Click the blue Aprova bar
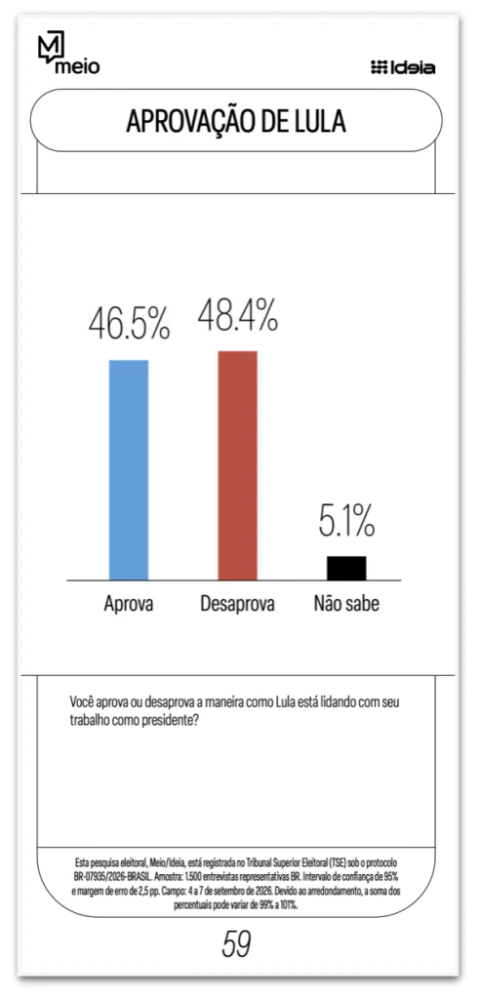[129, 469]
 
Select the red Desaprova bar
[238, 465]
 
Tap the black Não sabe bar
[346, 568]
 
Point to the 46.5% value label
[130, 324]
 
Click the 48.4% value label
[238, 314]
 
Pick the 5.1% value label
[346, 521]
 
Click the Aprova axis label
[129, 604]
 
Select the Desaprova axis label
[238, 604]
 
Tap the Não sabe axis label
[346, 603]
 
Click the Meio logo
[69, 55]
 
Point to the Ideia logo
[403, 67]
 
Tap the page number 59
[236, 943]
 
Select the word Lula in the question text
[286, 702]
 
